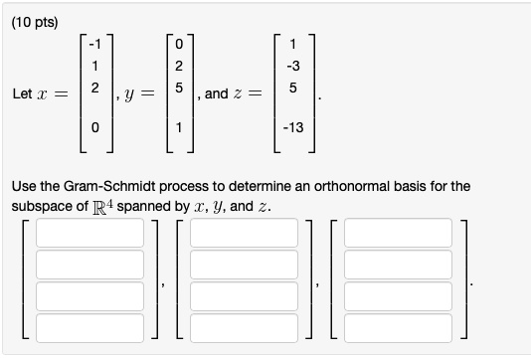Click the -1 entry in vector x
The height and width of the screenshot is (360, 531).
(x=93, y=43)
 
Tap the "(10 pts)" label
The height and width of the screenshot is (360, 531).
(x=35, y=16)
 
